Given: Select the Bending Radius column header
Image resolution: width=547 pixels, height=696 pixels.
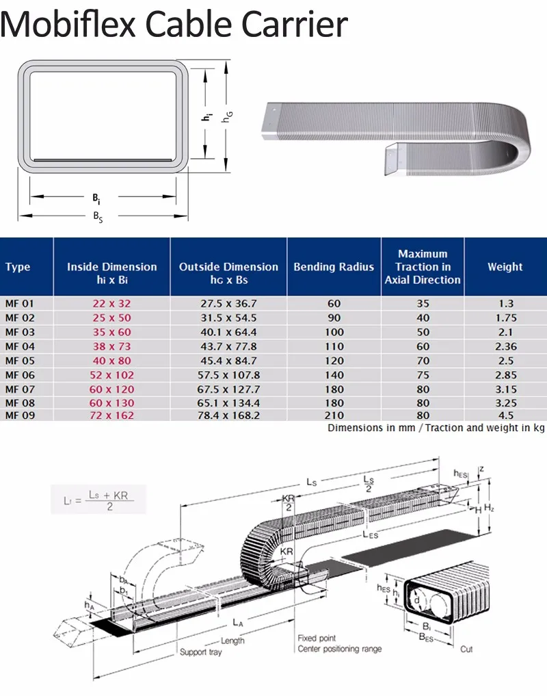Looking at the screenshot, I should tap(334, 267).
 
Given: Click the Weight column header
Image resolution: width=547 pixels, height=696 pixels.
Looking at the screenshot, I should tap(505, 267).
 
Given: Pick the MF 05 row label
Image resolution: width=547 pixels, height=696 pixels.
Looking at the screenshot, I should tap(19, 361).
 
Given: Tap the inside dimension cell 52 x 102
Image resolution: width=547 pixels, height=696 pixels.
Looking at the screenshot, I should tap(111, 375).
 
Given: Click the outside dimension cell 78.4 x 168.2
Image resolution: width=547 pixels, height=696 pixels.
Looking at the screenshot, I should tap(228, 415).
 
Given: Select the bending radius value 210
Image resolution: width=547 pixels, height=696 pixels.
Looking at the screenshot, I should tap(334, 415).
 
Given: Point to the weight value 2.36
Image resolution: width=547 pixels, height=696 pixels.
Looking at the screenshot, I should tap(505, 346).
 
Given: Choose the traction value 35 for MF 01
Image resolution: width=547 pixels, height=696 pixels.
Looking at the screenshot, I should tap(423, 302).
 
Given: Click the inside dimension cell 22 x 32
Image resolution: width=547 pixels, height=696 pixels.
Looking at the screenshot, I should tap(111, 302).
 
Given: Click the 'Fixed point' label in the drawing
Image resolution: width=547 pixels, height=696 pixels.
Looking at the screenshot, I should tap(317, 638).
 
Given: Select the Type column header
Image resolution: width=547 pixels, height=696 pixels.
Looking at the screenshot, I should tap(18, 267).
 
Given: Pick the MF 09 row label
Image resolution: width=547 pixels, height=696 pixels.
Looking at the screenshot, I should tap(19, 415).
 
